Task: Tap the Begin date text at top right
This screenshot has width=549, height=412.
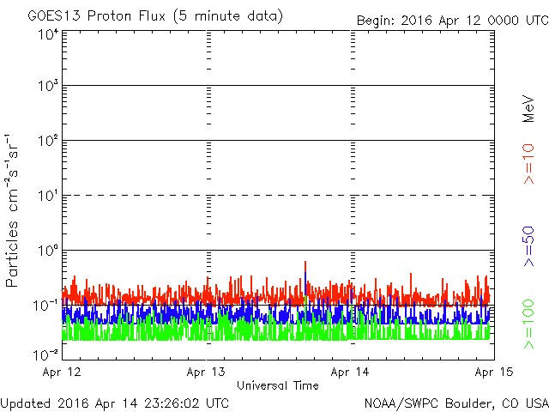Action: pos(452,21)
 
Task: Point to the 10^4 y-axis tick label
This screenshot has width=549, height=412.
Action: pos(48,34)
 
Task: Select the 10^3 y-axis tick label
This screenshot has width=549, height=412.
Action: pos(48,86)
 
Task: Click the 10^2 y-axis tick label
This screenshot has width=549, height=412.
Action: pos(48,141)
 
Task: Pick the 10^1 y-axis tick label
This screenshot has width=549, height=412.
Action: pos(48,196)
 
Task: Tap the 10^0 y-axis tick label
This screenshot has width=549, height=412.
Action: pos(48,251)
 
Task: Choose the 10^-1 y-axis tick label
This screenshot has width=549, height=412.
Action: pos(45,306)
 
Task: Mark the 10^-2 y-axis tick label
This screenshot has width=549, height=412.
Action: pos(45,355)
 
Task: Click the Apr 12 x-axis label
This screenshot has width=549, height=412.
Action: pos(62,372)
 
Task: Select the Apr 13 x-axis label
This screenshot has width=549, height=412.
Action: pos(206,372)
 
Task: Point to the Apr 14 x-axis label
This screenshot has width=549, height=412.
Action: pos(350,372)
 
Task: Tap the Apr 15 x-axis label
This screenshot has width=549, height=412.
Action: pos(494,372)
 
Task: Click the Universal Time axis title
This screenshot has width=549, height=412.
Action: pos(278,385)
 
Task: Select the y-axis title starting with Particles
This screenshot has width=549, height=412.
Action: pos(11,211)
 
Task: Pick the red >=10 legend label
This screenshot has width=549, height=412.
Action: pos(528,164)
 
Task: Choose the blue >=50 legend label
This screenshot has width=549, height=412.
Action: pos(528,246)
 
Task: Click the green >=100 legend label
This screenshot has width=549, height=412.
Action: pos(528,324)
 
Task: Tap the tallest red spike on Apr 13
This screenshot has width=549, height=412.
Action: pos(305,262)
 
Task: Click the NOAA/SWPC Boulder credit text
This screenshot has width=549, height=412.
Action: pos(456,403)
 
